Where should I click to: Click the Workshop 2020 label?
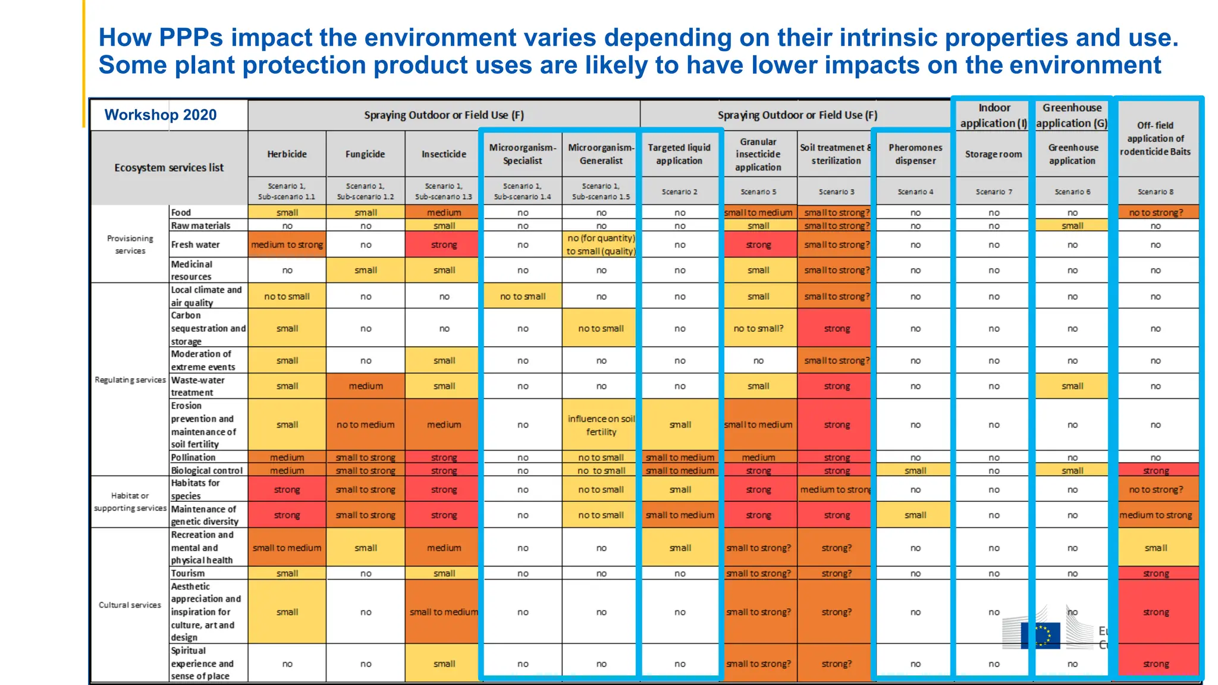coord(161,115)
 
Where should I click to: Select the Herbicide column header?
coord(287,154)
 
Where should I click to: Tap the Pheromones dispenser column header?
coord(915,154)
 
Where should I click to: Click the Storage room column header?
coord(993,154)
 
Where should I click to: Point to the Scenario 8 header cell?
coord(1155,191)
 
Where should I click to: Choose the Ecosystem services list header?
coord(169,168)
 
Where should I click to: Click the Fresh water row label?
coord(196,244)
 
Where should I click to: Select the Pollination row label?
coord(193,457)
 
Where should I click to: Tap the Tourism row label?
coord(188,573)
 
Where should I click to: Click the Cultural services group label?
coord(130,605)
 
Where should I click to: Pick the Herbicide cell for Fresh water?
coord(287,244)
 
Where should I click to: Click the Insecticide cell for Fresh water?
coord(444,244)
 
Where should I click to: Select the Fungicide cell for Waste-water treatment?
coord(365,386)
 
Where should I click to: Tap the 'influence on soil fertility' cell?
coord(601,425)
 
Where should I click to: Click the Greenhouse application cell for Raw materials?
coord(1072,225)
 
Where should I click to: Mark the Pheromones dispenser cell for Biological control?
coord(915,470)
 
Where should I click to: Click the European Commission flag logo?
coord(1040,635)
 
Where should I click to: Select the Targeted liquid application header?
coord(679,154)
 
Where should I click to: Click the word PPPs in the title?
coord(190,37)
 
